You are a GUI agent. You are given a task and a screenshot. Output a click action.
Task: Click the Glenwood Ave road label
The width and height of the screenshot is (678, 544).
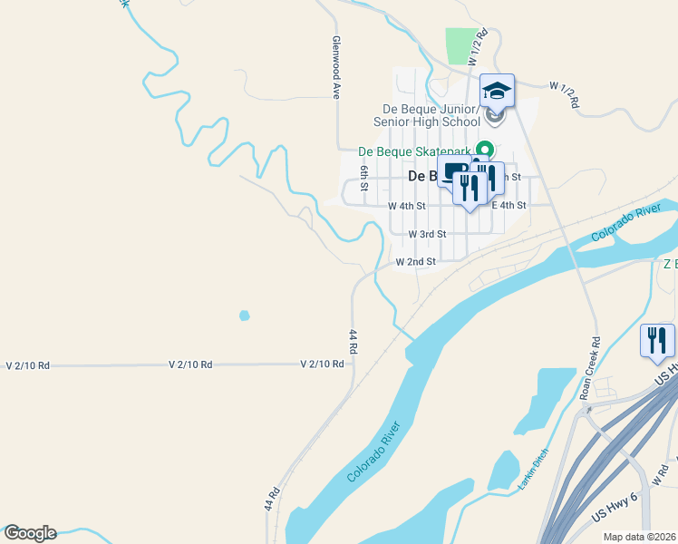click(x=335, y=68)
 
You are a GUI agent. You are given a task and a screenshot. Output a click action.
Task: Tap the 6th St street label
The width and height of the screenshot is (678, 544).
click(x=363, y=178)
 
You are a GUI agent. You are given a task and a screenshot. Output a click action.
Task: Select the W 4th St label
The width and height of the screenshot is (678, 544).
click(x=407, y=206)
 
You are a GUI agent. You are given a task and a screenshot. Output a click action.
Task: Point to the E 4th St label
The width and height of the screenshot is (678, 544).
click(x=508, y=206)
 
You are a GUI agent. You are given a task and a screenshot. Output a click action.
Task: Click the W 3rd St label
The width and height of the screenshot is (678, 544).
click(x=427, y=234)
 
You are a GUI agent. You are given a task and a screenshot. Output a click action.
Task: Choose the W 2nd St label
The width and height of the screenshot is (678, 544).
click(x=416, y=262)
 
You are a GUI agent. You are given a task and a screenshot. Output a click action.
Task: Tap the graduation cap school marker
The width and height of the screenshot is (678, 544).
click(x=496, y=90)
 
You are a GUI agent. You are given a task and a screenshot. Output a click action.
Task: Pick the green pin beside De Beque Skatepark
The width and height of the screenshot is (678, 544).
click(x=485, y=150)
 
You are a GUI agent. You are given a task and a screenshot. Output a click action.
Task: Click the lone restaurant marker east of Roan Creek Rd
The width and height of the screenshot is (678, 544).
click(x=657, y=341)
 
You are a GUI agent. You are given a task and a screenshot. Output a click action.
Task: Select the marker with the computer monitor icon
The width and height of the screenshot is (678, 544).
click(x=453, y=170)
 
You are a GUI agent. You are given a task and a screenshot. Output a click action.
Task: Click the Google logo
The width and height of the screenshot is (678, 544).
click(x=30, y=533)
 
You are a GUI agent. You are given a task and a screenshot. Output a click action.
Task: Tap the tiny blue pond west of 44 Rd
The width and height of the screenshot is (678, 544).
click(x=244, y=316)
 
